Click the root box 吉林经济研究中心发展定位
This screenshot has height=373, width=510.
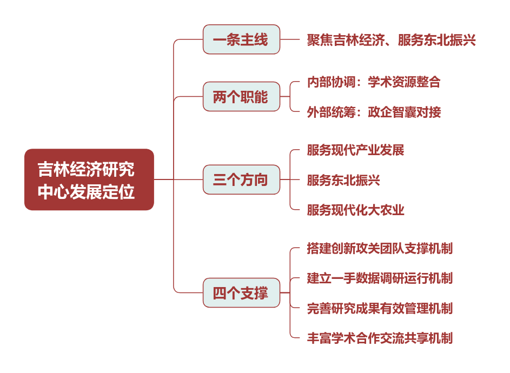pyautogui.click(x=89, y=179)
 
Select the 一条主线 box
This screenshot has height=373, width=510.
pyautogui.click(x=241, y=39)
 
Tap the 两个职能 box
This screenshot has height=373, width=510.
pyautogui.click(x=241, y=97)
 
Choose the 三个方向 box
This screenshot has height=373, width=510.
pyautogui.click(x=241, y=179)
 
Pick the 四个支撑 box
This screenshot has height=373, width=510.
pyautogui.click(x=241, y=292)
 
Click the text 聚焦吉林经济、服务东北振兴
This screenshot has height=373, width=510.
pyautogui.click(x=391, y=40)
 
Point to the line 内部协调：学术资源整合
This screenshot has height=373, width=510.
pyautogui.click(x=374, y=82)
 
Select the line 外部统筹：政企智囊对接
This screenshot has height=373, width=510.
pyautogui.click(x=374, y=112)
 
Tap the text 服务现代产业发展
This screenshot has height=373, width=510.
pyautogui.click(x=355, y=150)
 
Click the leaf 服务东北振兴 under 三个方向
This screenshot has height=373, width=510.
pyautogui.click(x=343, y=180)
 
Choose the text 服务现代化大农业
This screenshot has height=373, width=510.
pyautogui.click(x=355, y=210)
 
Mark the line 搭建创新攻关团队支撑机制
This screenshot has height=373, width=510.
pyautogui.click(x=380, y=248)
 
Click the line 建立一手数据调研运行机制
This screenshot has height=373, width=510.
pyautogui.click(x=380, y=278)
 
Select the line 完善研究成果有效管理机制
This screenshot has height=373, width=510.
pyautogui.click(x=380, y=308)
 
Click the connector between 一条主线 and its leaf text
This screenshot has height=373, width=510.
pyautogui.click(x=289, y=39)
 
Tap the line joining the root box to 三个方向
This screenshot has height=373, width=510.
pyautogui.click(x=178, y=179)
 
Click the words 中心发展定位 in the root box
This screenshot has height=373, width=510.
pyautogui.click(x=86, y=191)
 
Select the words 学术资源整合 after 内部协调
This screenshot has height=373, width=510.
pyautogui.click(x=404, y=82)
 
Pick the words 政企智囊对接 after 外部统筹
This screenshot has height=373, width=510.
pyautogui.click(x=405, y=112)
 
